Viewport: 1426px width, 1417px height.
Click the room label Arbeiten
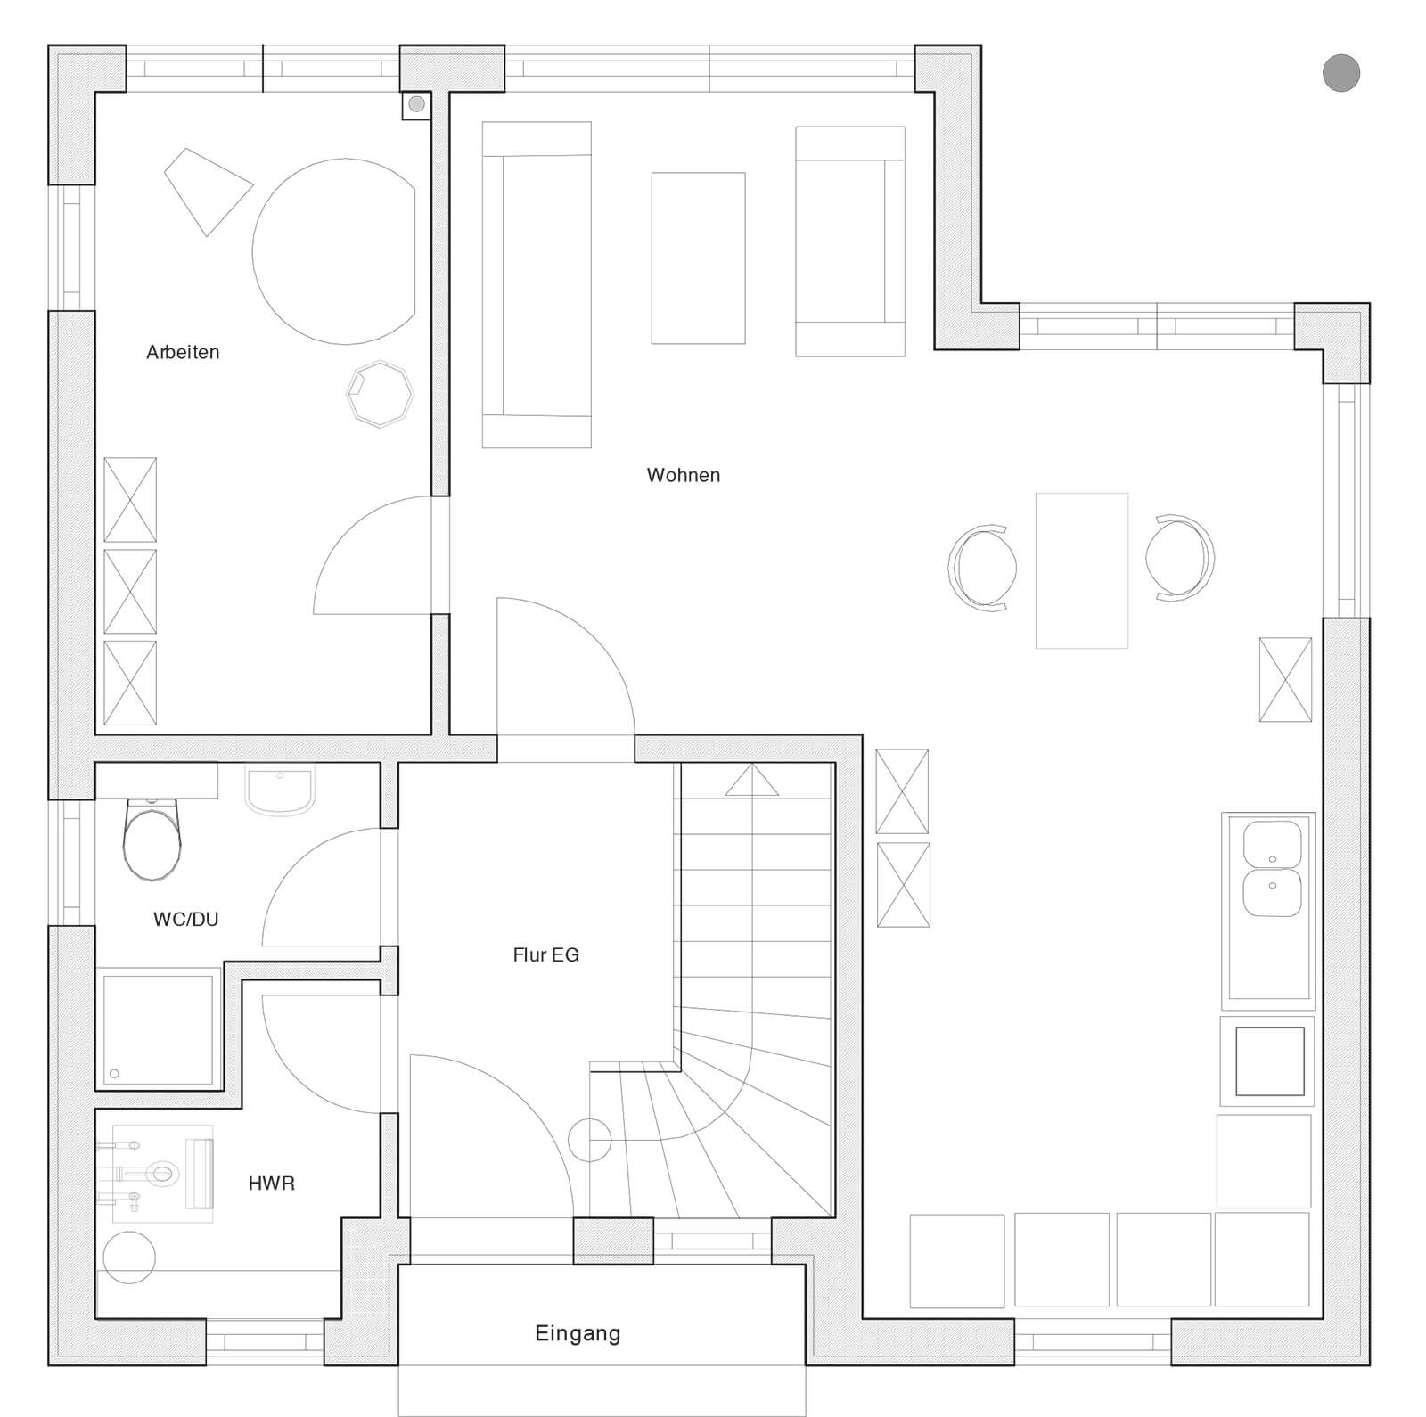[x=183, y=352]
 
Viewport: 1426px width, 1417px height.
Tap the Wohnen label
[x=684, y=475]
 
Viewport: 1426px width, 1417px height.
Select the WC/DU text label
[x=185, y=919]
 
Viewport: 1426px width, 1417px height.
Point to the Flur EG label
[x=545, y=955]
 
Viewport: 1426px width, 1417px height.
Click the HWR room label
[x=272, y=1184]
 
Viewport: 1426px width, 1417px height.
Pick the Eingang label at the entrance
[x=578, y=1334]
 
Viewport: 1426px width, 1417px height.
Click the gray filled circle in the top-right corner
[x=1340, y=73]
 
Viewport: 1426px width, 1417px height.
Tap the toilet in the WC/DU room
[x=152, y=839]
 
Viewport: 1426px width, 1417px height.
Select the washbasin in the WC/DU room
[x=280, y=792]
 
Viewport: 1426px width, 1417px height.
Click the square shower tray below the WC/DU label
[x=159, y=1029]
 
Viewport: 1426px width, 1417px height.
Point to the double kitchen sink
[x=1272, y=869]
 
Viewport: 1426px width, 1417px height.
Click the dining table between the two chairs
[x=1082, y=570]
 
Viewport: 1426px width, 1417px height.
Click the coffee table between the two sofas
[x=698, y=258]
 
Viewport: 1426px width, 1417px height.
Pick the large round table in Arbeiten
[x=334, y=251]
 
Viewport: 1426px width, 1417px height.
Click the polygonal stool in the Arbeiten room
[x=381, y=393]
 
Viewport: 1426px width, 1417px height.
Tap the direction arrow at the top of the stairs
[x=751, y=780]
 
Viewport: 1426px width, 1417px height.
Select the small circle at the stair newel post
[x=589, y=1139]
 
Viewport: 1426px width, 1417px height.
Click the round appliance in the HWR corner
[x=129, y=1257]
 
